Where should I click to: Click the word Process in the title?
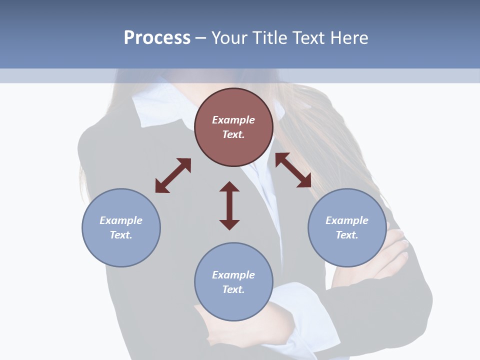pyautogui.click(x=157, y=37)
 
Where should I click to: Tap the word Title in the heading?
pyautogui.click(x=269, y=37)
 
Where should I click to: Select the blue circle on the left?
pyautogui.click(x=121, y=245)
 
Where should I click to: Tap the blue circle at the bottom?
pyautogui.click(x=233, y=302)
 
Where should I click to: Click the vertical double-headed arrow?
pyautogui.click(x=229, y=205)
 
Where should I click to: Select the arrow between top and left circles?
pyautogui.click(x=173, y=175)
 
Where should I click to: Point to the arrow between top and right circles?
pyautogui.click(x=293, y=170)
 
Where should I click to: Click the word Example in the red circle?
pyautogui.click(x=233, y=120)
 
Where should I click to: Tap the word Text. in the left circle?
pyautogui.click(x=121, y=235)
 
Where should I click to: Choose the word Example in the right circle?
pyautogui.click(x=347, y=220)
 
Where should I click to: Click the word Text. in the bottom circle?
pyautogui.click(x=233, y=289)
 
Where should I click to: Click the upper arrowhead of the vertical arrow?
pyautogui.click(x=229, y=187)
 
